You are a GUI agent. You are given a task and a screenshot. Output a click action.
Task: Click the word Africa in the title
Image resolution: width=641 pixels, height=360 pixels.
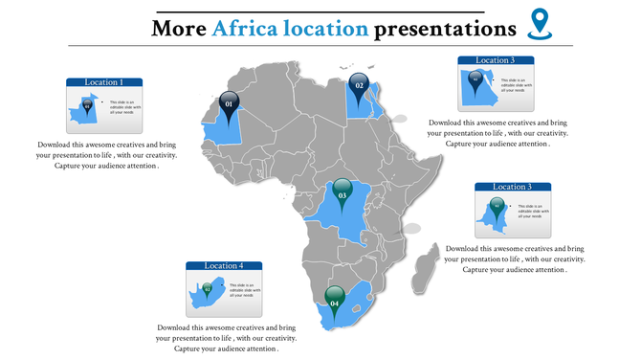(x=245, y=29)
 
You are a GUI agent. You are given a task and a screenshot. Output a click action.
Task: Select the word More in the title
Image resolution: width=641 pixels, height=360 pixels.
(x=179, y=29)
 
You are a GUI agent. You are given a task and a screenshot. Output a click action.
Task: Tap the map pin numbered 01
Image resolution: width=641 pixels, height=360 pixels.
(x=228, y=102)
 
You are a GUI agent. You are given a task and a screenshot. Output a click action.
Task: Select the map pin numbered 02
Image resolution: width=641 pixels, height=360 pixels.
(x=360, y=85)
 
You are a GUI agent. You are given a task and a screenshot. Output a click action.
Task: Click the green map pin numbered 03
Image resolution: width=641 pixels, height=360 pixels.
(x=342, y=195)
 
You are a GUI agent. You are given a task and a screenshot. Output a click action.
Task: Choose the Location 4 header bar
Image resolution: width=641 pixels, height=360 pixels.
(x=224, y=265)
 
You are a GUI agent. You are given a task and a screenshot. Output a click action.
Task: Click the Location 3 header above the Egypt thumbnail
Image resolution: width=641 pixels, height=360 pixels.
(x=495, y=60)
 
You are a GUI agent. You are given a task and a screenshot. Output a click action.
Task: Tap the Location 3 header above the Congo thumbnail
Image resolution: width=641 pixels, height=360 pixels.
(x=511, y=187)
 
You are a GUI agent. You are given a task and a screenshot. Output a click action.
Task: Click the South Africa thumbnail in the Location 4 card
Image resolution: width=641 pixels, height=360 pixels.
(x=207, y=291)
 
